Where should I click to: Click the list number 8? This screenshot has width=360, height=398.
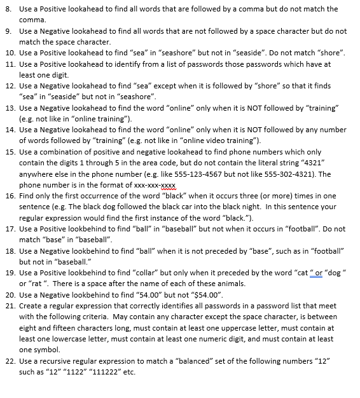tap(8, 10)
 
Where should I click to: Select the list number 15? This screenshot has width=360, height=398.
tap(10, 152)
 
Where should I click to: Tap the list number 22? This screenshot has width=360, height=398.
tap(10, 360)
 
